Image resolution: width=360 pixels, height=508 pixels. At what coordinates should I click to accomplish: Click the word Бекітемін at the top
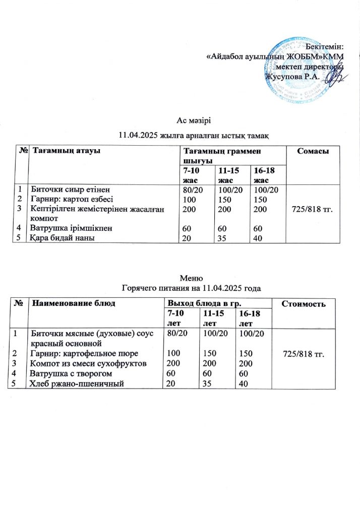pos(326,46)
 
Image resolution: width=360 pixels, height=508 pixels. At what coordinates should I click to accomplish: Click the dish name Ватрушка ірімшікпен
pos(71,228)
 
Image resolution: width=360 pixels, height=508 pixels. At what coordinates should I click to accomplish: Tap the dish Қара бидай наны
pos(63,237)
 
